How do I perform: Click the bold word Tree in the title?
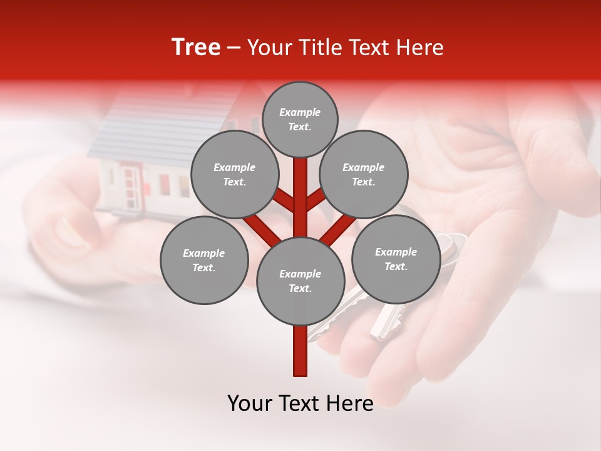pyautogui.click(x=196, y=48)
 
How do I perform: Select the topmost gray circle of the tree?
pyautogui.click(x=300, y=119)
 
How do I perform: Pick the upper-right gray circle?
pyautogui.click(x=364, y=174)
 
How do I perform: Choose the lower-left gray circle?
pyautogui.click(x=204, y=260)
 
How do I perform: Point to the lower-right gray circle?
pyautogui.click(x=396, y=259)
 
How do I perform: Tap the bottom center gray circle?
pyautogui.click(x=300, y=281)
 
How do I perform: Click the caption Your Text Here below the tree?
pyautogui.click(x=300, y=403)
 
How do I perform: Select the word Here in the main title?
pyautogui.click(x=423, y=48)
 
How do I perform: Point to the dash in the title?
pyautogui.click(x=234, y=48)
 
